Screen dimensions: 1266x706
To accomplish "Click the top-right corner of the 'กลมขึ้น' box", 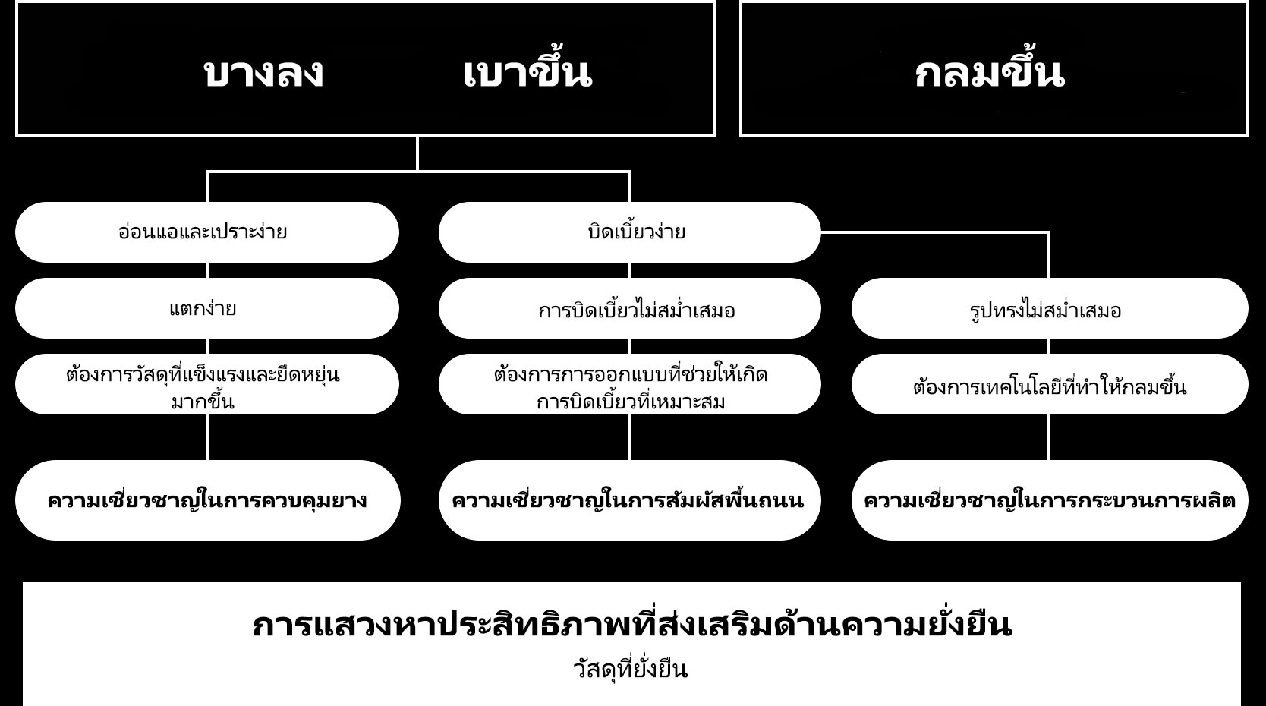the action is pos(1248,3).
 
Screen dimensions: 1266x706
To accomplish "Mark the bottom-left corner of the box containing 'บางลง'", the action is pos(17,134).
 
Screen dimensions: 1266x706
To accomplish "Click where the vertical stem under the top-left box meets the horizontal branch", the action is pos(417,171).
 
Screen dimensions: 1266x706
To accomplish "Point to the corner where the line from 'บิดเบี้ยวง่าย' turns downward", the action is pos(1048,232).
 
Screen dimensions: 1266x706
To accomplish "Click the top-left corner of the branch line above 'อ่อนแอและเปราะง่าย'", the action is pos(208,172).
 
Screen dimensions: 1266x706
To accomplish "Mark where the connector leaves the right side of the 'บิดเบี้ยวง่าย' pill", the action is pos(820,232).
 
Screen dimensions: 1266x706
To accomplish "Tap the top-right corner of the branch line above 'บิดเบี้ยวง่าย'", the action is pos(629,172).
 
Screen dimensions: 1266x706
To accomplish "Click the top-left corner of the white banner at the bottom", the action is pos(24,582).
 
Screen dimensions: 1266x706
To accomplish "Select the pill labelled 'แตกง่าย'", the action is pos(207,308).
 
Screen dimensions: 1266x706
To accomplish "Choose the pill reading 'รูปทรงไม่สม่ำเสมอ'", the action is pos(1050,308).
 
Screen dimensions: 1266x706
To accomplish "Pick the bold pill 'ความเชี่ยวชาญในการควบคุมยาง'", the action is pos(207,500).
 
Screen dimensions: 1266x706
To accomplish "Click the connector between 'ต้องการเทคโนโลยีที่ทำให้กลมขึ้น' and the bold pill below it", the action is pos(1048,437).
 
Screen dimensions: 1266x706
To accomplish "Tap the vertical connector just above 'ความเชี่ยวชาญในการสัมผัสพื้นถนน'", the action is pos(629,437).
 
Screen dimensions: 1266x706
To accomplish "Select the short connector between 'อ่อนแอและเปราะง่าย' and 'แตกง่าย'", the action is pos(208,270).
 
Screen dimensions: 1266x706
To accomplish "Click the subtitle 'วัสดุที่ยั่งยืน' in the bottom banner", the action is pos(630,670).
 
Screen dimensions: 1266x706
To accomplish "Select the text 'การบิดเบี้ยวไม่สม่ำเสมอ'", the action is pos(636,310).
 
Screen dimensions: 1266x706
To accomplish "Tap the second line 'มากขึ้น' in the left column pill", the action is pos(203,402).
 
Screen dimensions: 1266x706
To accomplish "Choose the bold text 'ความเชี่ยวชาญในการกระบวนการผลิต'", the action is pos(1050,500).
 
